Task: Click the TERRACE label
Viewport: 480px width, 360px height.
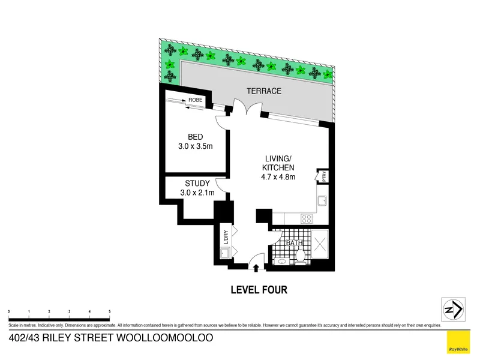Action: (x=264, y=91)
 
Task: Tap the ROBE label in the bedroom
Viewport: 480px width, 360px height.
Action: (x=196, y=100)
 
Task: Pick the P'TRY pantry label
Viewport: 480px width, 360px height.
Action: (x=324, y=176)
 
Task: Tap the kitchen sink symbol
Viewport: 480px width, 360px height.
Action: (x=322, y=201)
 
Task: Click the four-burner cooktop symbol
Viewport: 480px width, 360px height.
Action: (x=307, y=218)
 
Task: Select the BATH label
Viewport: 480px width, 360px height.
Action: (x=294, y=243)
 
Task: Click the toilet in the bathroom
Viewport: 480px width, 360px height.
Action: (x=300, y=257)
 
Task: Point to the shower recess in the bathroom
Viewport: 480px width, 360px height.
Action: (x=320, y=245)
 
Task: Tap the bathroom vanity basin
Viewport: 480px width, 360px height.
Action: (x=281, y=262)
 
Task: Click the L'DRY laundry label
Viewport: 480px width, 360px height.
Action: (x=226, y=236)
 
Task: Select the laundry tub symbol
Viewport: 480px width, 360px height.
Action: (x=225, y=253)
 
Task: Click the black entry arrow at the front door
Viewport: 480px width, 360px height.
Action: (x=256, y=268)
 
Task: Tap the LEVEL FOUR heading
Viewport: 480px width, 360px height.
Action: (x=259, y=290)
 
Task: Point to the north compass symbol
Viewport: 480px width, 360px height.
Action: (x=454, y=310)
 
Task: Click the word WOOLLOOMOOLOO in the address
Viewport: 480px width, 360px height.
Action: (x=164, y=338)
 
